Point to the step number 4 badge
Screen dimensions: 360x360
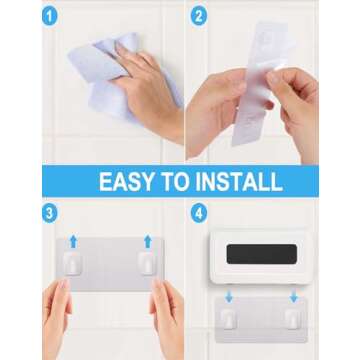(197, 213)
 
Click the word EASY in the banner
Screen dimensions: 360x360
(131, 182)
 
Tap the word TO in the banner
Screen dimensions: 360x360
(186, 182)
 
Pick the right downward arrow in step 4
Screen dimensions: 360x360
(293, 296)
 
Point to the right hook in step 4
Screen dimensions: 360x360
(293, 318)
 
